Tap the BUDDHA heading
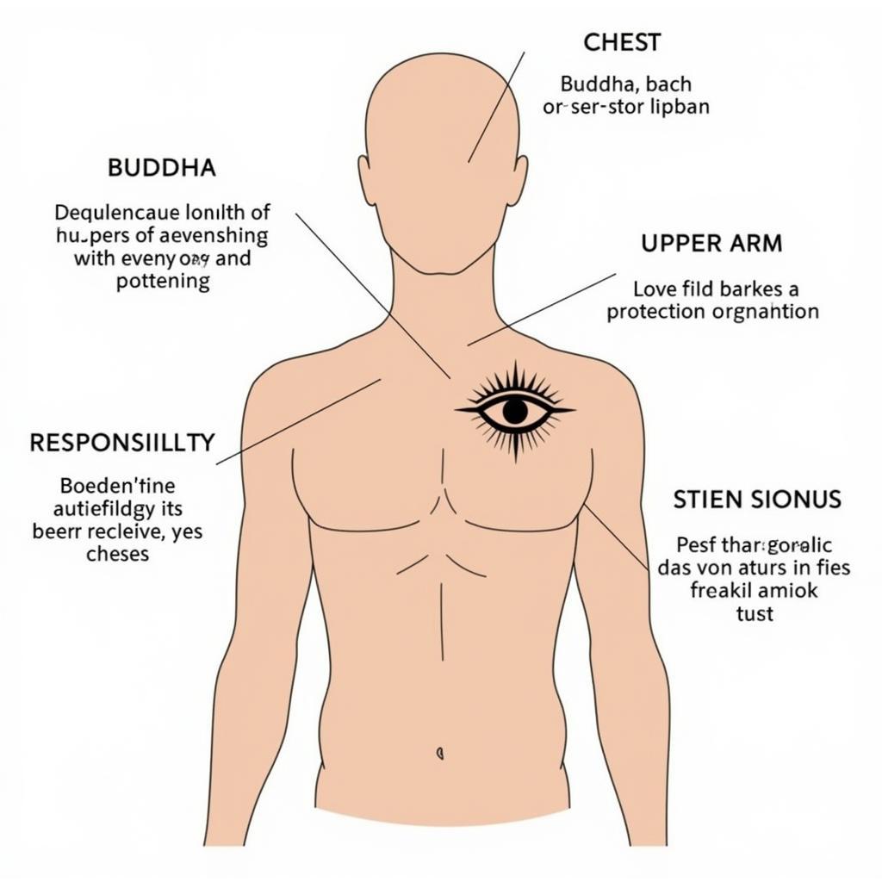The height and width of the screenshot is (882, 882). tap(161, 168)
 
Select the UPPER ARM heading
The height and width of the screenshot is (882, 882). tap(711, 244)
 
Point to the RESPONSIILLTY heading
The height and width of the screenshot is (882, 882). tap(121, 443)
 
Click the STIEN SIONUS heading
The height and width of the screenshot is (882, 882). tap(757, 500)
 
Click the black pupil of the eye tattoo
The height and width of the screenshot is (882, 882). tap(515, 411)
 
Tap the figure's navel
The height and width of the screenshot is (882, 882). tap(440, 752)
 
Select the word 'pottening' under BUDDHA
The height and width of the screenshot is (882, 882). tap(163, 282)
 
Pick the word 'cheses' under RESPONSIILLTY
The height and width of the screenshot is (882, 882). tap(117, 554)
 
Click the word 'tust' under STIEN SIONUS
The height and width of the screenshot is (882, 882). tap(755, 613)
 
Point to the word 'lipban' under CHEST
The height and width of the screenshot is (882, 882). tap(680, 108)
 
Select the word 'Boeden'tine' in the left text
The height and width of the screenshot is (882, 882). tap(117, 485)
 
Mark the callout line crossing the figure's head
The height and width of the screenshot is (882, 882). tap(495, 108)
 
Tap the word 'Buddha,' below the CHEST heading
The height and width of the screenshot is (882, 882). tap(594, 84)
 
